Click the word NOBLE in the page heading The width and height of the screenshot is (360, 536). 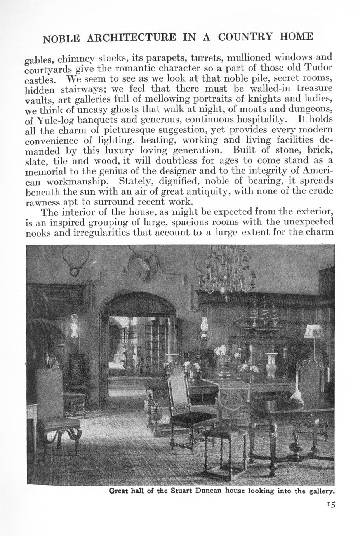(61, 38)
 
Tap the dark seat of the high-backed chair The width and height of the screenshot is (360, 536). (194, 418)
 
